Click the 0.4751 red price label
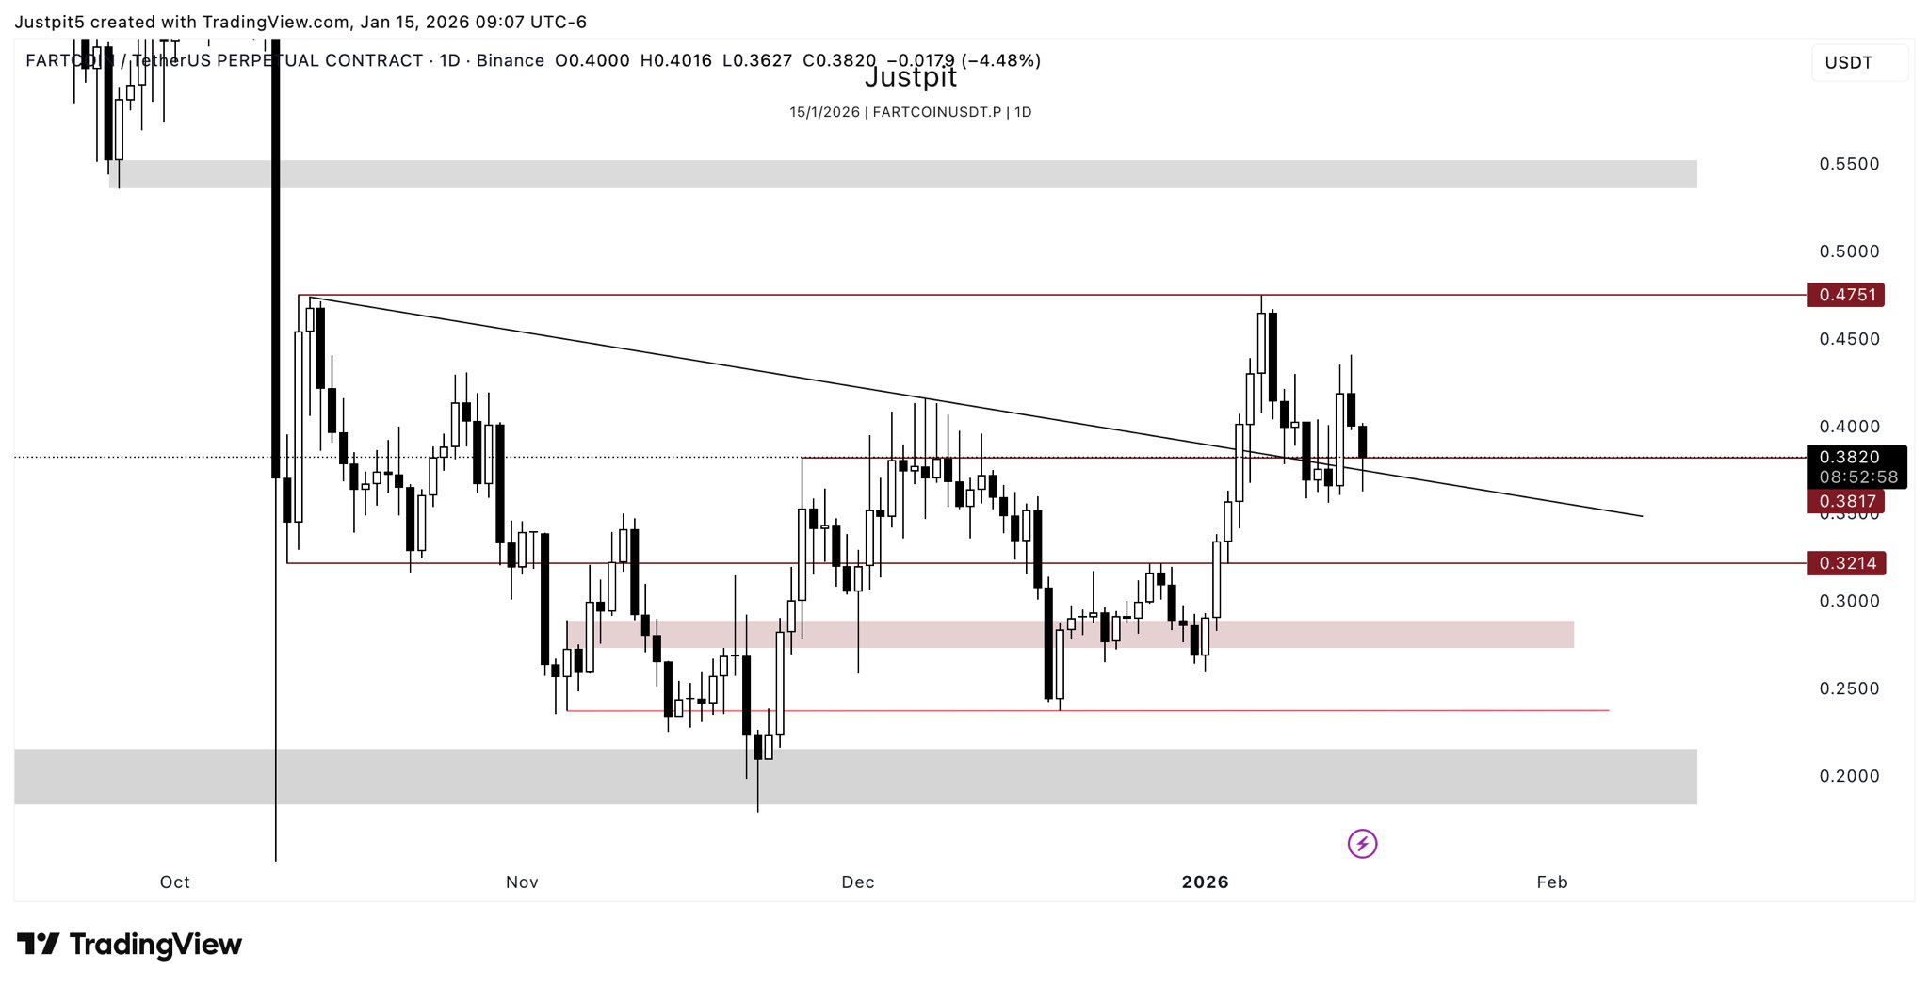[1846, 295]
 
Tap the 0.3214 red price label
[1847, 563]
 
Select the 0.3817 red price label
[1846, 501]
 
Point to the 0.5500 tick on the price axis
[1849, 164]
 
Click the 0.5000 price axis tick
[1849, 251]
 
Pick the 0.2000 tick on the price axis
[1849, 776]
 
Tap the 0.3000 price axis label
[1849, 601]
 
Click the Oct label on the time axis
[175, 882]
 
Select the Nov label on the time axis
[522, 882]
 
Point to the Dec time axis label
[858, 882]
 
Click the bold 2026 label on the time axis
[1205, 882]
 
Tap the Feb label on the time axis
[1552, 882]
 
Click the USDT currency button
[1849, 63]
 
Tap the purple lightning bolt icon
[1362, 844]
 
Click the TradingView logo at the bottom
[130, 944]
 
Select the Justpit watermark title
[910, 77]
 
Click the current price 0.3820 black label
[1849, 458]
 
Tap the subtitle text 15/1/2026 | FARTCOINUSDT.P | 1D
[910, 112]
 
